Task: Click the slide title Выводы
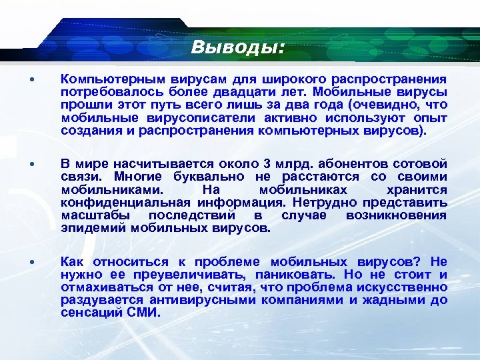coord(237,47)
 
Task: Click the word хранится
coord(419,190)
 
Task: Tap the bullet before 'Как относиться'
coord(33,262)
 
